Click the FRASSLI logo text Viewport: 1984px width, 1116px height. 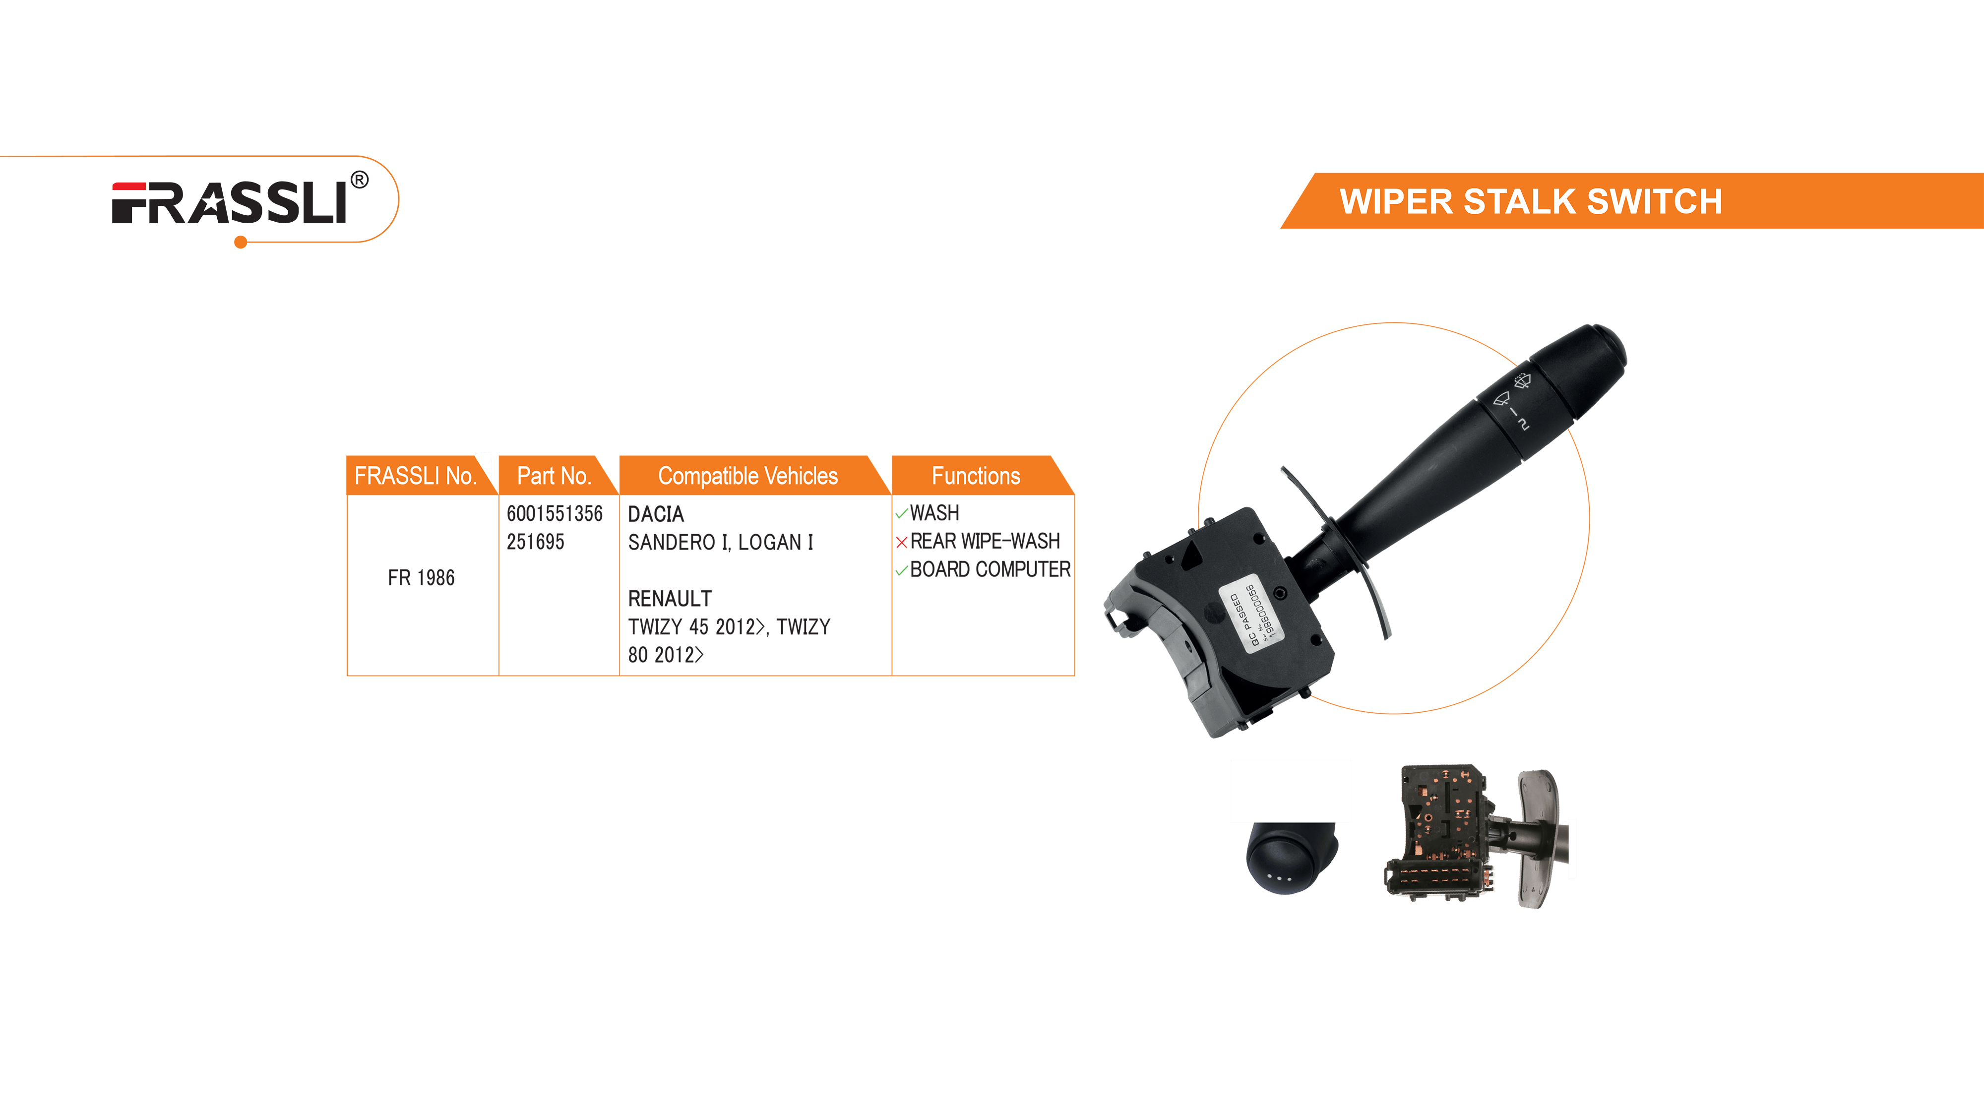(x=230, y=203)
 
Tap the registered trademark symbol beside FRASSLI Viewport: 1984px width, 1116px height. (x=360, y=180)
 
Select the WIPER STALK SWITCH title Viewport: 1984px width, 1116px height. (x=1531, y=202)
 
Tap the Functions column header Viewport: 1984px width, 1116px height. (x=976, y=476)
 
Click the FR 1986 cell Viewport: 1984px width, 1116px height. (x=421, y=578)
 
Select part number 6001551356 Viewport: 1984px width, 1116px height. (x=555, y=514)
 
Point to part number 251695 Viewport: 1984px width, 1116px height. (x=535, y=542)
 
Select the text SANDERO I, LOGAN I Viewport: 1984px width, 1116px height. (x=721, y=542)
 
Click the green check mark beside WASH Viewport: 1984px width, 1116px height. (x=902, y=514)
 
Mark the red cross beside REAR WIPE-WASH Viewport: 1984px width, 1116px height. (x=902, y=542)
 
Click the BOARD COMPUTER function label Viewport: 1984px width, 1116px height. (x=991, y=570)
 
